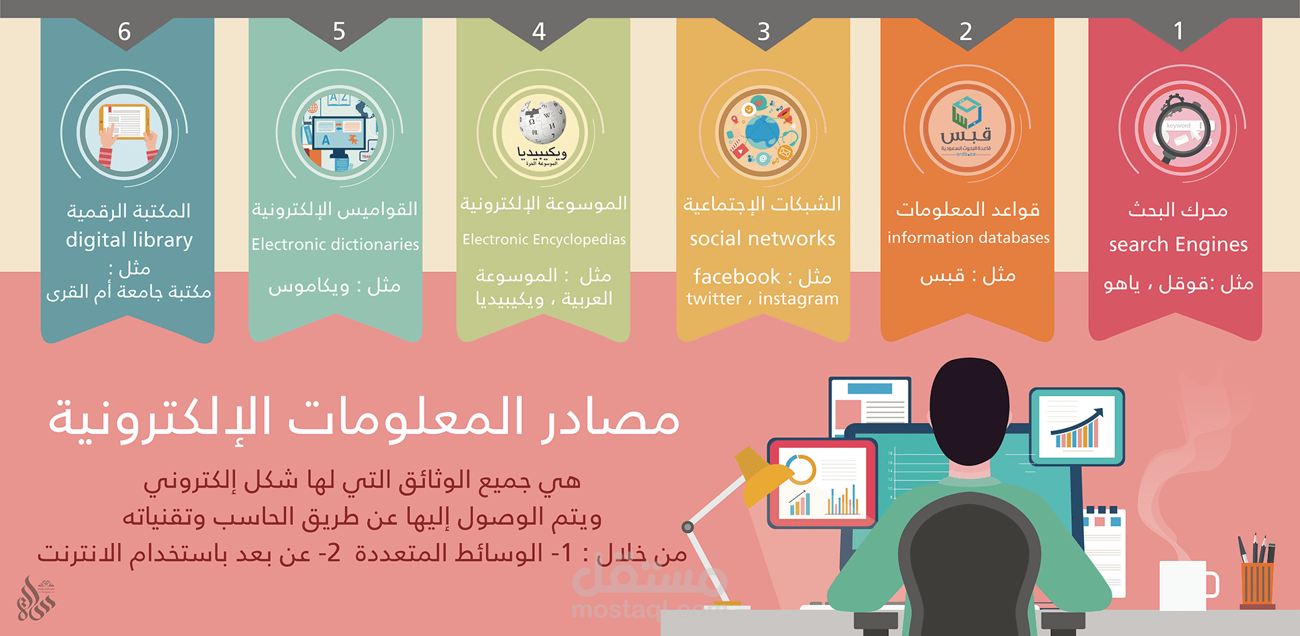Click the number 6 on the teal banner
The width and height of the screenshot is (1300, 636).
[x=125, y=32]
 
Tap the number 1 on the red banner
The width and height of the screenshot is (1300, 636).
[x=1178, y=31]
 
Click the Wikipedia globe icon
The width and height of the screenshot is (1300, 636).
[x=541, y=122]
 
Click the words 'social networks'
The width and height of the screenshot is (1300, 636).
[x=762, y=239]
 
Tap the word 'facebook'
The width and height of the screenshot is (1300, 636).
[x=737, y=277]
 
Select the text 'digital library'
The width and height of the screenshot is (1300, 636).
[x=129, y=240]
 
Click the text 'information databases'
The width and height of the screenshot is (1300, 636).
[x=968, y=238]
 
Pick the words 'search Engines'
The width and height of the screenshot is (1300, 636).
[x=1178, y=245]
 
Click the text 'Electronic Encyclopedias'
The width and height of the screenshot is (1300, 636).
[x=544, y=240]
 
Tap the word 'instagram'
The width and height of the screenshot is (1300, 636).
[x=798, y=299]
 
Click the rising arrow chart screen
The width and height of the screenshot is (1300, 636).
[x=1077, y=426]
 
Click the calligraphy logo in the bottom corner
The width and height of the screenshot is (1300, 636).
[x=35, y=599]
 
